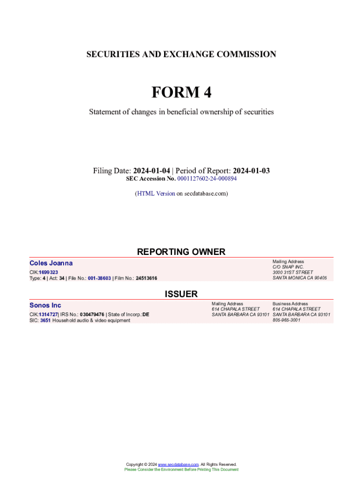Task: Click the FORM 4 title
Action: click(181, 93)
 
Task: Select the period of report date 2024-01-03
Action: click(251, 171)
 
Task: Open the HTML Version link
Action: click(156, 193)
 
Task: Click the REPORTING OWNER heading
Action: click(181, 252)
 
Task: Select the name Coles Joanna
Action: click(51, 263)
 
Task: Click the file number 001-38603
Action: click(96, 278)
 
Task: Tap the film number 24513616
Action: click(146, 278)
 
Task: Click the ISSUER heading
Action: click(181, 294)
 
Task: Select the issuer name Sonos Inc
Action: click(45, 305)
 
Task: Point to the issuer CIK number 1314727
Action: click(48, 315)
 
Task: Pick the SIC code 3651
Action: click(45, 320)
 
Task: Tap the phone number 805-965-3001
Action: click(287, 320)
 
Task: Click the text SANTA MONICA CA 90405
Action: click(300, 278)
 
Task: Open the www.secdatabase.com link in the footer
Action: click(178, 464)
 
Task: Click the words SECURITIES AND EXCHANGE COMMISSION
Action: click(181, 54)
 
